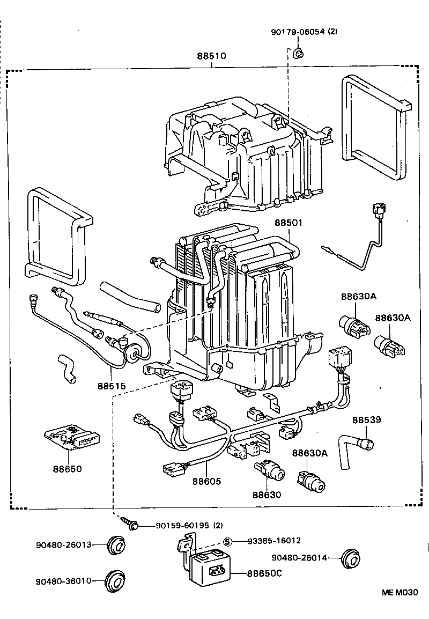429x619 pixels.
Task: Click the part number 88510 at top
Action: [212, 56]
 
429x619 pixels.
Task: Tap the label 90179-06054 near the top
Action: [304, 32]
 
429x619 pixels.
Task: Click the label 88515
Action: [112, 386]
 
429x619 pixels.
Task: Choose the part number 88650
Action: [68, 468]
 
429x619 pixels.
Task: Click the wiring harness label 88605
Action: [206, 481]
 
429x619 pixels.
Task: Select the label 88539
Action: [367, 419]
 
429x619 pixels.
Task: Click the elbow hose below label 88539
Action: [353, 449]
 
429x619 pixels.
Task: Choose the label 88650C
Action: [264, 573]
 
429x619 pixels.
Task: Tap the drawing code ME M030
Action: [400, 593]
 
